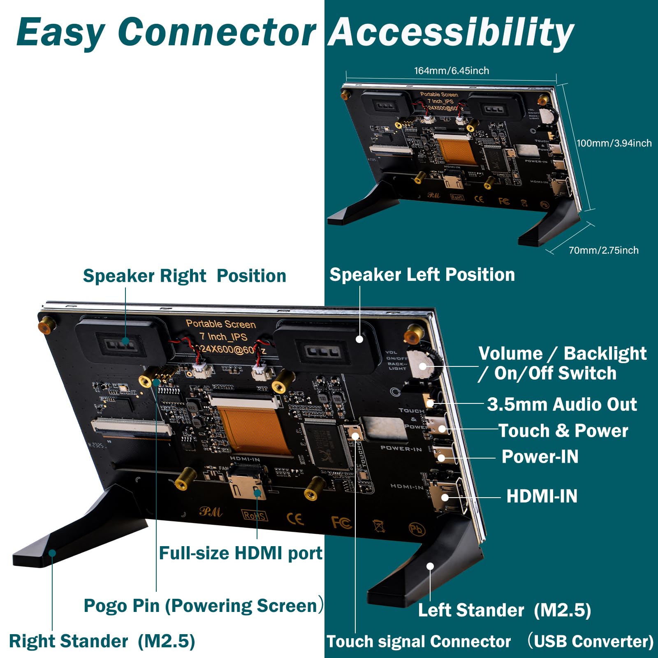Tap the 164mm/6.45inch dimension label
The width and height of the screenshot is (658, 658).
[451, 71]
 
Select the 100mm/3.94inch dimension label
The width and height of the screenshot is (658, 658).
[614, 143]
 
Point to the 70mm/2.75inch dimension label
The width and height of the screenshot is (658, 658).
[603, 250]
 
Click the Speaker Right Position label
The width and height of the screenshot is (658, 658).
[184, 276]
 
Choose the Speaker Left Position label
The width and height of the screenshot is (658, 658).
[422, 275]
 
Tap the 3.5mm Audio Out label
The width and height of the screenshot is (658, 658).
[562, 404]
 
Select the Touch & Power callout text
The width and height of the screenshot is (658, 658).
[563, 431]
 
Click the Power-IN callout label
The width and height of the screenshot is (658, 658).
[540, 456]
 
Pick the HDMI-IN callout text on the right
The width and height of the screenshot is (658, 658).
[542, 496]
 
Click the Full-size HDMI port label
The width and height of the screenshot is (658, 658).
[241, 553]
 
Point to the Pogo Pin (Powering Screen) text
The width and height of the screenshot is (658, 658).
[203, 605]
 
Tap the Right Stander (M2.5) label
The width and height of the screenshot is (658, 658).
[102, 641]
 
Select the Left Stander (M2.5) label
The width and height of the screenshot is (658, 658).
[504, 610]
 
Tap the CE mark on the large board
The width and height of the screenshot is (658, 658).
[295, 519]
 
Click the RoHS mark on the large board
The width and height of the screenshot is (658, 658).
[255, 515]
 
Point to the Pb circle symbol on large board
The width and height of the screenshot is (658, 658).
[416, 529]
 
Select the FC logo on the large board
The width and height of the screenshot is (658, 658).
[341, 522]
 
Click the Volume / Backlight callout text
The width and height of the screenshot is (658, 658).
[562, 354]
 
